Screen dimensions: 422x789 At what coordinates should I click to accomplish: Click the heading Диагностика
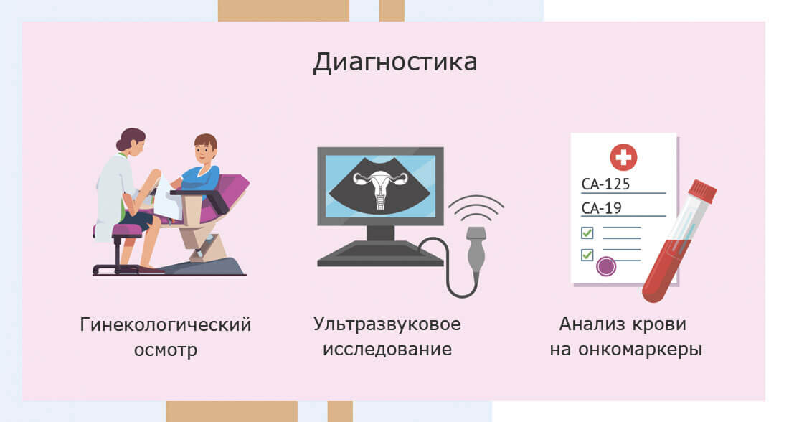click(x=394, y=62)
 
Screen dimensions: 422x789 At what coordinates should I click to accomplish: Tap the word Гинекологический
click(x=166, y=324)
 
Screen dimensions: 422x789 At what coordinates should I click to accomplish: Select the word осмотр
click(x=166, y=351)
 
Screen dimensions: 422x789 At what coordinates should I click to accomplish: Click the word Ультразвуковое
click(x=387, y=324)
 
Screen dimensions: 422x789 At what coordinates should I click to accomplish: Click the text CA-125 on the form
click(x=606, y=184)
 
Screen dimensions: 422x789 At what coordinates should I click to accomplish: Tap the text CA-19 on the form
click(x=601, y=209)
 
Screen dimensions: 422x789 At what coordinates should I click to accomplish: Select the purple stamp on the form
click(x=607, y=266)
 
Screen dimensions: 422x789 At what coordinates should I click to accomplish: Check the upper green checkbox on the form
click(x=587, y=233)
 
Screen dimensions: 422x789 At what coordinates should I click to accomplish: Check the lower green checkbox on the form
click(x=587, y=254)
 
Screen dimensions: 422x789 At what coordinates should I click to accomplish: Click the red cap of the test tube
click(x=702, y=191)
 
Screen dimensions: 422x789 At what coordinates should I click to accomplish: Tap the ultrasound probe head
click(x=476, y=238)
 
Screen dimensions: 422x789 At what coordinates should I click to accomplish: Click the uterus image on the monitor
click(x=380, y=189)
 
